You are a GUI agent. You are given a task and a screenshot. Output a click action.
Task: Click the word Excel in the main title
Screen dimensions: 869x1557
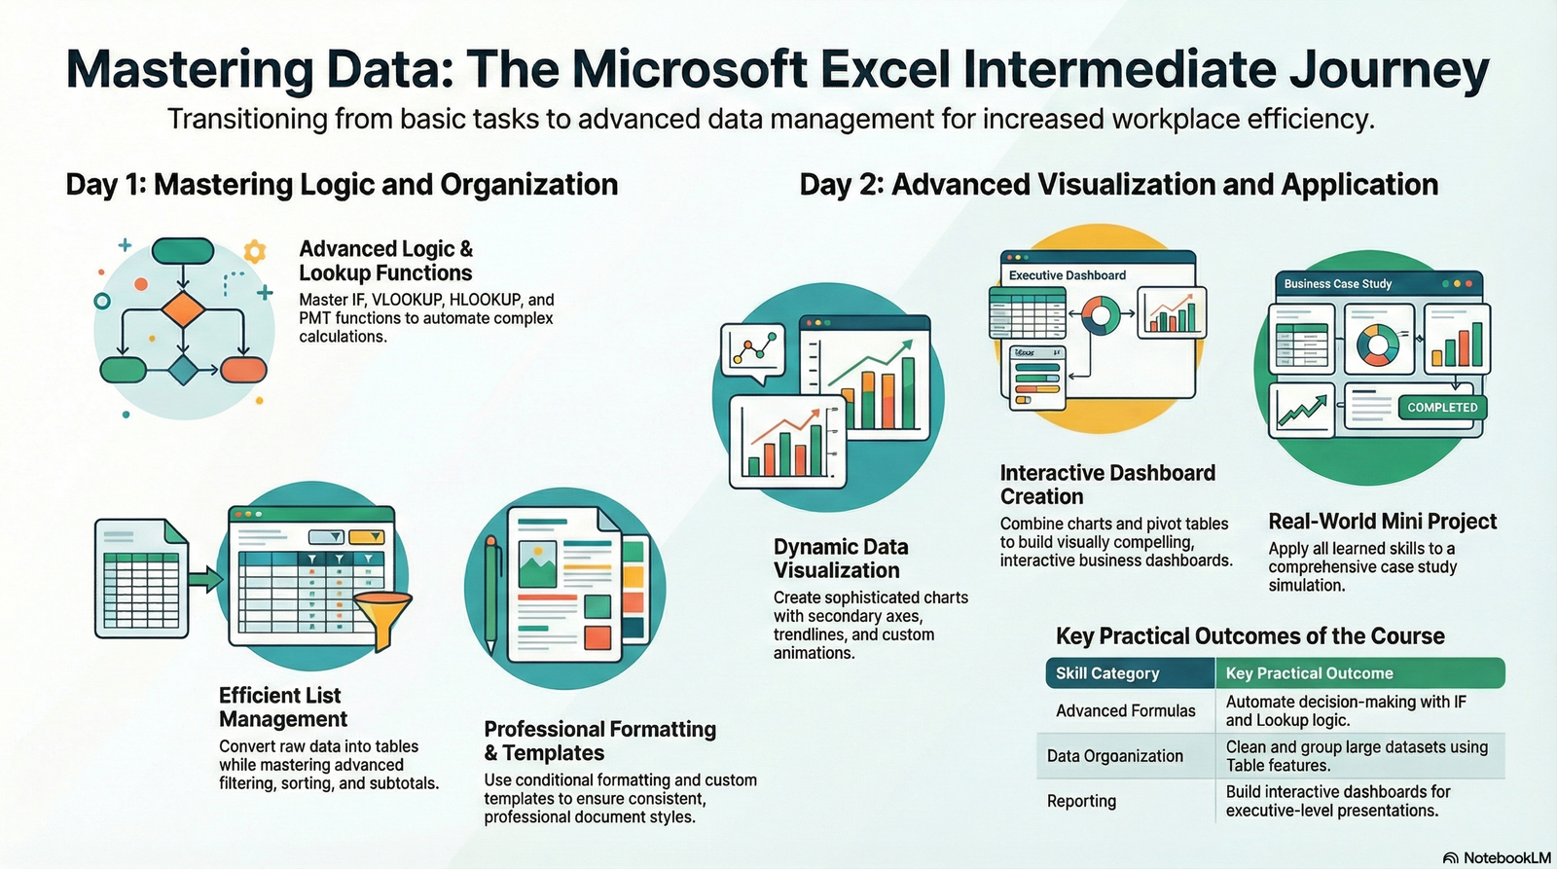[x=885, y=70]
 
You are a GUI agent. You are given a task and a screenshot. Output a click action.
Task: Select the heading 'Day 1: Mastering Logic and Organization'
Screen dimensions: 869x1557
[x=342, y=185]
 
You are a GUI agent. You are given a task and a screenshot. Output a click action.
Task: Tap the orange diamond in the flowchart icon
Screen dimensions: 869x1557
[x=182, y=309]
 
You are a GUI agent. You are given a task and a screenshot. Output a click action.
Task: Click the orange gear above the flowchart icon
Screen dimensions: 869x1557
[x=255, y=252]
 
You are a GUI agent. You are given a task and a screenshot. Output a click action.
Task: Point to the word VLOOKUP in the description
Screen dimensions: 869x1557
[x=408, y=300]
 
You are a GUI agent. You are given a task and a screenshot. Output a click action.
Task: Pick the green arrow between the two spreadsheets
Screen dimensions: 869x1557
[x=205, y=580]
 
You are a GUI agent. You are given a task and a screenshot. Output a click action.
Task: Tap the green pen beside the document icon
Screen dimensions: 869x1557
[x=492, y=594]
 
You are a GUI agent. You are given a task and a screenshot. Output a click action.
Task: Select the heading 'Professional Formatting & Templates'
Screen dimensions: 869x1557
[x=599, y=741]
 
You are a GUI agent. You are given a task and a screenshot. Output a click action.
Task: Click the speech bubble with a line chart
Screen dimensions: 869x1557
[x=751, y=349]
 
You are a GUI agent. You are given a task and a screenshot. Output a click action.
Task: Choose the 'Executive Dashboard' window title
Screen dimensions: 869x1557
[x=1068, y=275]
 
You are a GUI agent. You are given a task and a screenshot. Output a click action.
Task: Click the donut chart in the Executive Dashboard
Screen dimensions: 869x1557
[x=1102, y=314]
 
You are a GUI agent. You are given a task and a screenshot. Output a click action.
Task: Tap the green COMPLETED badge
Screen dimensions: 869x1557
[x=1442, y=408]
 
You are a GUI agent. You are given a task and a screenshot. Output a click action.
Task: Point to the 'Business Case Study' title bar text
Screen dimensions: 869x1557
[x=1338, y=284]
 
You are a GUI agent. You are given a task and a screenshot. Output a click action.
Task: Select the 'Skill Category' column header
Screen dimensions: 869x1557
[x=1107, y=673]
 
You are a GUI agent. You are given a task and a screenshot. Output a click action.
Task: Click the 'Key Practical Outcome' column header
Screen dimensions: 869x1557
[x=1309, y=673]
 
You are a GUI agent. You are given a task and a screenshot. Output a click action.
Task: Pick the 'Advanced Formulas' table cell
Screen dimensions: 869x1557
[x=1126, y=711]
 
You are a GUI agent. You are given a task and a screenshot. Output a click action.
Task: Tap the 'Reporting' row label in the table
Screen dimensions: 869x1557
[x=1081, y=801]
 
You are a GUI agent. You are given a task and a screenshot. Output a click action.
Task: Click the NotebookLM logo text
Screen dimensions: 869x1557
[x=1506, y=857]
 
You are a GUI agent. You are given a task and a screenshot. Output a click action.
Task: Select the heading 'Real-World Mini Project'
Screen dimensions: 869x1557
[x=1382, y=522]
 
